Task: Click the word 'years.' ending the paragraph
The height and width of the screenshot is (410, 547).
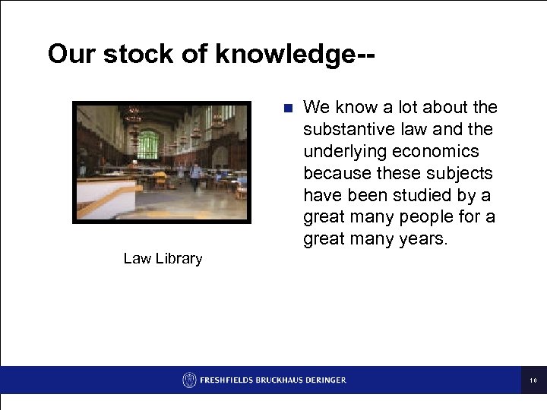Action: (x=428, y=241)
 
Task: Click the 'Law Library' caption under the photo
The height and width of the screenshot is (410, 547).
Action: (x=163, y=259)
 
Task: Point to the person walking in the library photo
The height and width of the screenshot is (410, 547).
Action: (x=196, y=175)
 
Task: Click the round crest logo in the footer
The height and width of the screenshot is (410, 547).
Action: (x=188, y=380)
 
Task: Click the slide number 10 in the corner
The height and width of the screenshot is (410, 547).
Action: (x=533, y=380)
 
